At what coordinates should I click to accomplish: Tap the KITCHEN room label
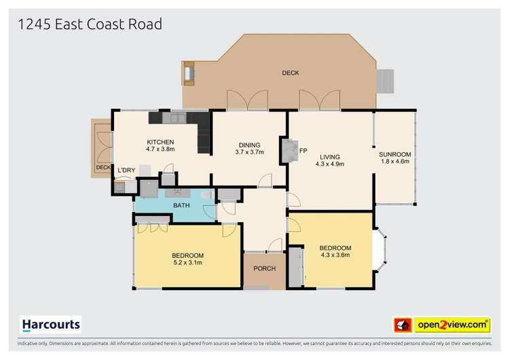pyautogui.click(x=160, y=142)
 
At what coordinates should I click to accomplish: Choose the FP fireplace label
pyautogui.click(x=303, y=150)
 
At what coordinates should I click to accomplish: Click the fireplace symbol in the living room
pyautogui.click(x=288, y=150)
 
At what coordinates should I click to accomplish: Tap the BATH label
pyautogui.click(x=181, y=205)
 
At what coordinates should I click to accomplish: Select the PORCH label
pyautogui.click(x=264, y=269)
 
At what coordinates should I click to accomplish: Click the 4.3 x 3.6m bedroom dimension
pyautogui.click(x=335, y=255)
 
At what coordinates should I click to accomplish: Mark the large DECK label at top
pyautogui.click(x=290, y=73)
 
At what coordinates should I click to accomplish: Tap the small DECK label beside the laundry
pyautogui.click(x=102, y=167)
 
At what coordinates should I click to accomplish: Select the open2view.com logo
pyautogui.click(x=451, y=325)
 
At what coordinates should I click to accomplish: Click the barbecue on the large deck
pyautogui.click(x=189, y=73)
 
